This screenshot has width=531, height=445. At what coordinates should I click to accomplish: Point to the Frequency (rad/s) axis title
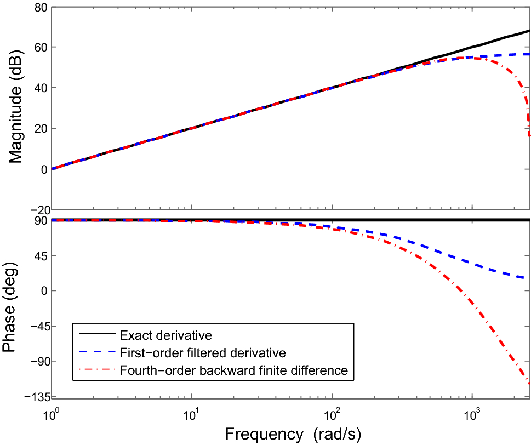click(293, 434)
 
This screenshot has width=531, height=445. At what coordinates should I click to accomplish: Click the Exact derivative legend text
click(165, 334)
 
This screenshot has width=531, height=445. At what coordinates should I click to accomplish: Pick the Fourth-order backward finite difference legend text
click(233, 370)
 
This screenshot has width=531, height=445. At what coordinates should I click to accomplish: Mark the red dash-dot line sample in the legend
click(96, 370)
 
